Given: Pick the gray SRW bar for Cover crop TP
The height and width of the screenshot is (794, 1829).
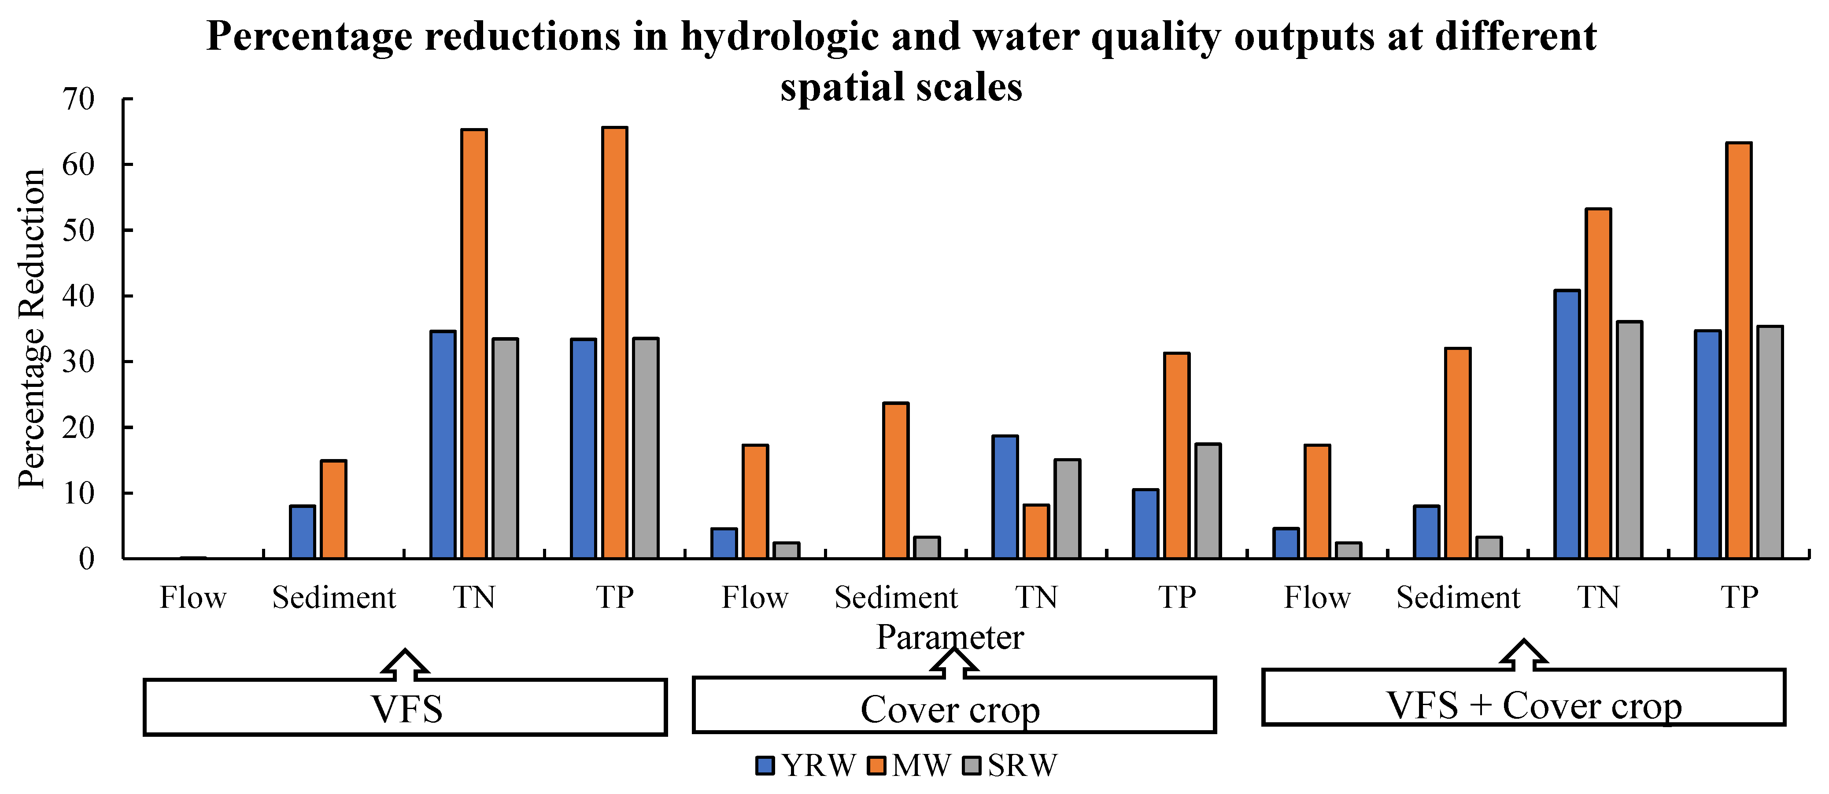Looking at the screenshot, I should [x=1208, y=501].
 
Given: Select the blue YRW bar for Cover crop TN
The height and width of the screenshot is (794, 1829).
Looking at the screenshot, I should [x=1005, y=497].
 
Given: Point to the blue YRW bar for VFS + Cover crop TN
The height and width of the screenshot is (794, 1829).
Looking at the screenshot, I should [x=1567, y=424].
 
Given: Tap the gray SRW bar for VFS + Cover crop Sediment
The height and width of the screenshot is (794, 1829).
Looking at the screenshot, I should [x=1489, y=548].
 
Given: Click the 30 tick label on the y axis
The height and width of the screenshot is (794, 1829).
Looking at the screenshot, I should [x=78, y=362].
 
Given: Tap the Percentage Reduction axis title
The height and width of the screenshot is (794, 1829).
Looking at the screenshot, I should [x=32, y=328].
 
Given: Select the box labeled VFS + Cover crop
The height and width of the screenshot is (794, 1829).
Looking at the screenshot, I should [x=1523, y=698].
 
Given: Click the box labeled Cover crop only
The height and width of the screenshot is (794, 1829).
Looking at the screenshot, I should [x=953, y=705].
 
